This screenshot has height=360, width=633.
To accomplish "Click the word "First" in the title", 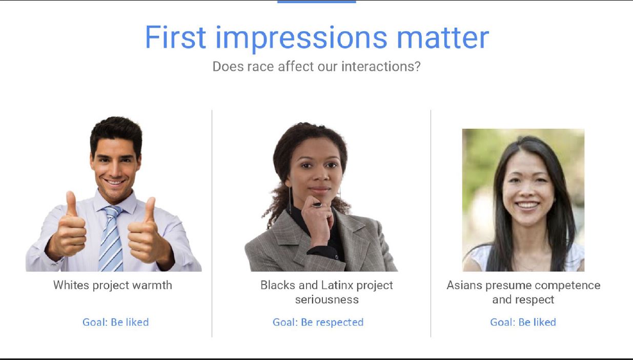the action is (x=175, y=37).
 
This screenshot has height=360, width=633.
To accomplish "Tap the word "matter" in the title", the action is (x=443, y=37).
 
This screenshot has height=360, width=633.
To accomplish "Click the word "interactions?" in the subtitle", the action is (x=381, y=67).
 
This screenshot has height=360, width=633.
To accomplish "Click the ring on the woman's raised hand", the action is (x=317, y=205).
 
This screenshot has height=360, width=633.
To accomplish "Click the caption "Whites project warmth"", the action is (x=112, y=285).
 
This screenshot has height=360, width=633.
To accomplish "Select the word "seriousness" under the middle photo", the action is (x=326, y=299).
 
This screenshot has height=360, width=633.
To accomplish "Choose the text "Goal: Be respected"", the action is (x=318, y=323).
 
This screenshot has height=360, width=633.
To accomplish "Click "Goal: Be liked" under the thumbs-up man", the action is (x=115, y=322).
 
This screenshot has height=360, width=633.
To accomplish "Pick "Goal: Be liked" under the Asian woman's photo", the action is (x=523, y=322).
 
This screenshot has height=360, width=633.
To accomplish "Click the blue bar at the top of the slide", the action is (x=317, y=2).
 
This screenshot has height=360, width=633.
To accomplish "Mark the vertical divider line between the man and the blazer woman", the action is (x=212, y=224).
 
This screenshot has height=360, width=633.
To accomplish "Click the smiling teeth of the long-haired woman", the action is (x=527, y=205).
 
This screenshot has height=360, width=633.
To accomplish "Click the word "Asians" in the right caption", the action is (x=464, y=285).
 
